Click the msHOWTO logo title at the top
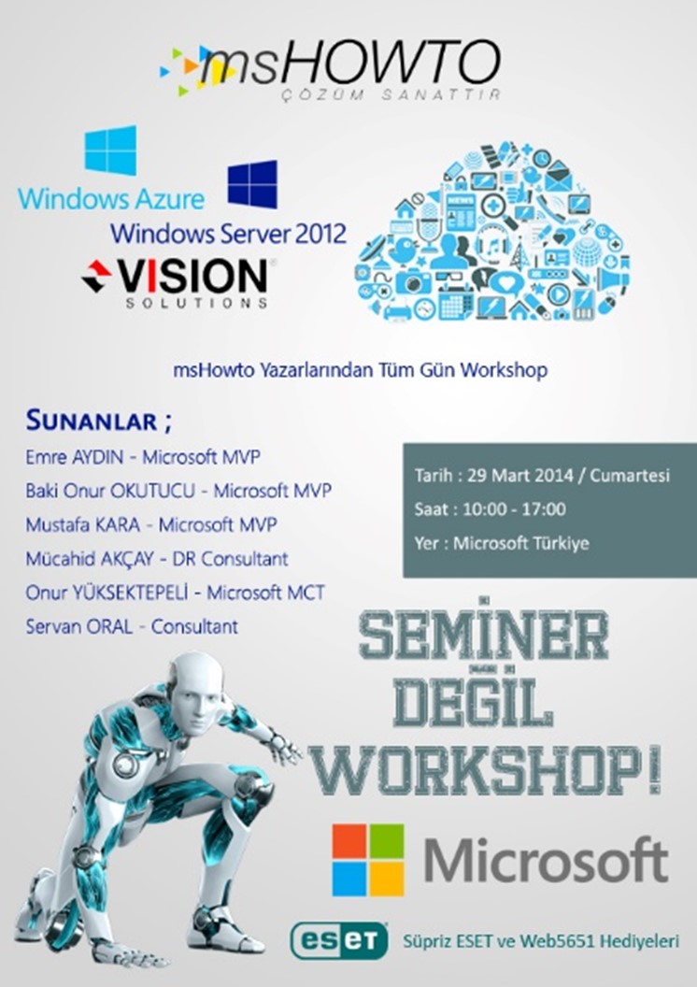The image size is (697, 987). [349, 63]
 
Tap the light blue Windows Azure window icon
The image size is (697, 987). [110, 150]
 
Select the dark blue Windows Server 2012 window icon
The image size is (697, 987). [252, 184]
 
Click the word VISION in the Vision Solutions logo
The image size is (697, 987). [192, 276]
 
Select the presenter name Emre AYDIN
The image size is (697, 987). [74, 456]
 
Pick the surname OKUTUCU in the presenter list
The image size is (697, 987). [152, 491]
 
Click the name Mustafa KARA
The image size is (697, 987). [82, 524]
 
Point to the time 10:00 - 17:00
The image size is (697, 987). [514, 508]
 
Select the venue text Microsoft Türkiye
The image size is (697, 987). [520, 543]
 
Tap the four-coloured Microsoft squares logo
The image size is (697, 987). [368, 860]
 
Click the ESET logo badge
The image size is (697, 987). [339, 941]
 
